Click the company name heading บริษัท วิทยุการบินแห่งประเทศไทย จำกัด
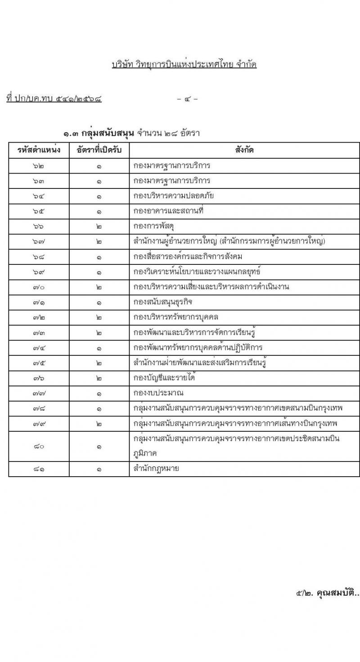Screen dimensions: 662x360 (x=184, y=64)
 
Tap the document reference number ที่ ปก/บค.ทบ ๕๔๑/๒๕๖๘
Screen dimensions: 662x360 (x=54, y=98)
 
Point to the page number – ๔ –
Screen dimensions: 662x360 (x=187, y=98)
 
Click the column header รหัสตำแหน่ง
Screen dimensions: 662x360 (x=39, y=150)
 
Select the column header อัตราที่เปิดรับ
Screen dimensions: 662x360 (x=99, y=150)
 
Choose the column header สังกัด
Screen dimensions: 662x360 (x=244, y=150)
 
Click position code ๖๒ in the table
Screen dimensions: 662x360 (x=39, y=165)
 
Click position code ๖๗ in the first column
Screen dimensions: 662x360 (x=39, y=242)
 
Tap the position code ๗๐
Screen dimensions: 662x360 (x=39, y=287)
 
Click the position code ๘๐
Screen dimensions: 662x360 (x=39, y=446)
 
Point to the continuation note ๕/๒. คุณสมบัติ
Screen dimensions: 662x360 (x=328, y=593)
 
